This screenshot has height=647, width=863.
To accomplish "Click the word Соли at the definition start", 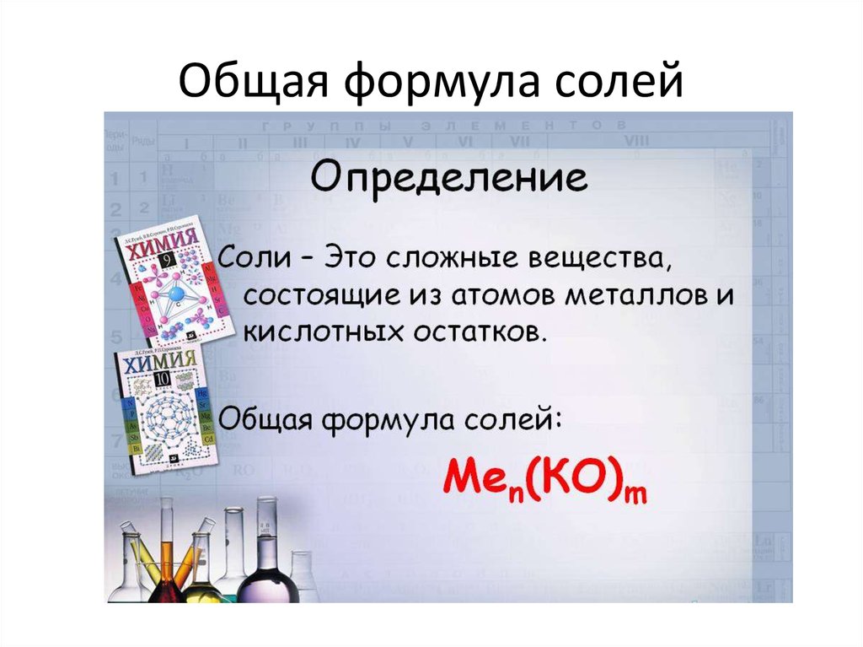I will coord(253,257).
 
